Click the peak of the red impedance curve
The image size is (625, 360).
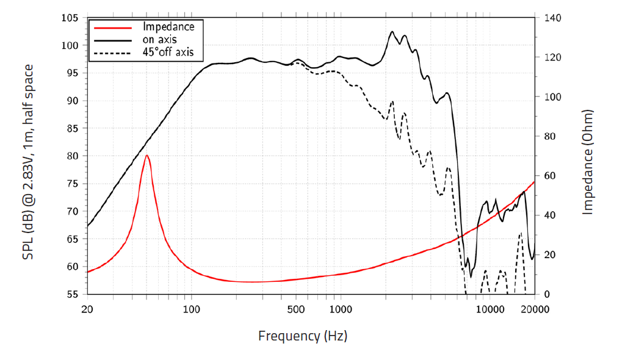tap(147, 156)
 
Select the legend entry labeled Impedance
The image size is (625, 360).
tap(168, 27)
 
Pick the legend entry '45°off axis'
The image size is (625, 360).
tap(168, 52)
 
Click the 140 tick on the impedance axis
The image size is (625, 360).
tap(549, 18)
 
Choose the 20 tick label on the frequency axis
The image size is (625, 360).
tap(87, 309)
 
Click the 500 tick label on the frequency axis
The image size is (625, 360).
tap(297, 309)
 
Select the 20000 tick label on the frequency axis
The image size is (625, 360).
tap(535, 309)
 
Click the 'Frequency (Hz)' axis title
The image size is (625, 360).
tap(303, 336)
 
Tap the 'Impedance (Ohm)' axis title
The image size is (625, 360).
tap(588, 162)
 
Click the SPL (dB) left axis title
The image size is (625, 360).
tap(28, 162)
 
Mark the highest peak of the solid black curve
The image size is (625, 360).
tap(392, 32)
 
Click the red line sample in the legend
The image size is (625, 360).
tap(111, 27)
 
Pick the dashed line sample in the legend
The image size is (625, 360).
tap(111, 53)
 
